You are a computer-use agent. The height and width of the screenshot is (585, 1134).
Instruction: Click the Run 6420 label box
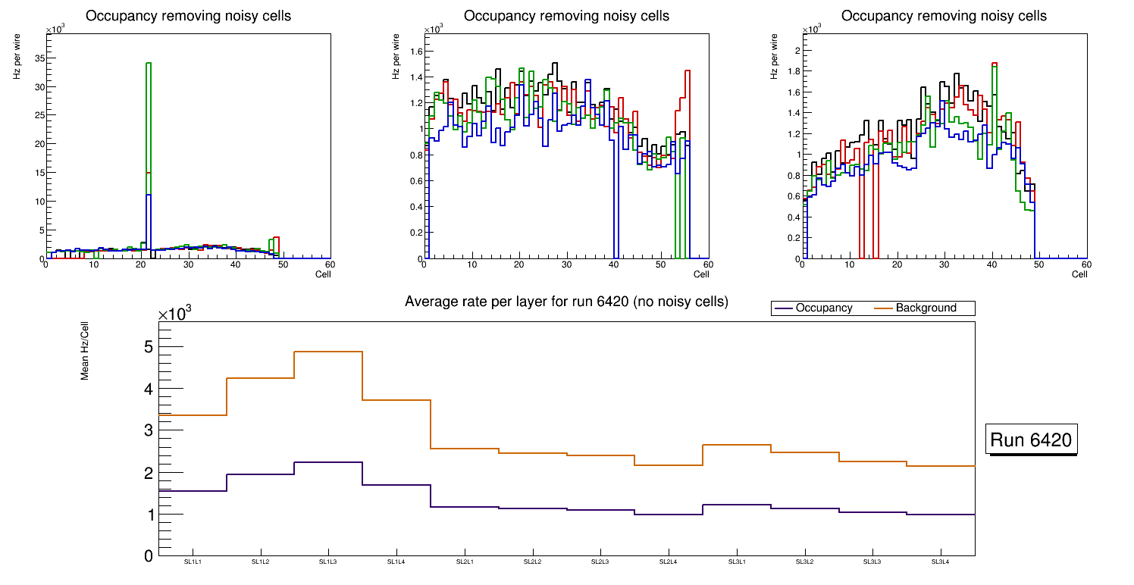click(x=1032, y=440)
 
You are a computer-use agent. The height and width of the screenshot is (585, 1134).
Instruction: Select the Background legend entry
click(x=926, y=308)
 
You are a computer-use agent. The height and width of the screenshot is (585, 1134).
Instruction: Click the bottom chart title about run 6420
click(x=566, y=302)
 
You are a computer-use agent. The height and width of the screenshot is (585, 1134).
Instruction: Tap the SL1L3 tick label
click(x=328, y=562)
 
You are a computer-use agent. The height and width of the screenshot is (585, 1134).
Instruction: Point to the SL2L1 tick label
click(x=465, y=562)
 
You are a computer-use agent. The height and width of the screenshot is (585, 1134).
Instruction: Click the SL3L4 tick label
click(x=941, y=562)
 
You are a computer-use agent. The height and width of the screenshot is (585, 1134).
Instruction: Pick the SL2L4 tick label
click(x=669, y=562)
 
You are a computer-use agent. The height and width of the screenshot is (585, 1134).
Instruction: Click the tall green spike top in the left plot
click(x=149, y=64)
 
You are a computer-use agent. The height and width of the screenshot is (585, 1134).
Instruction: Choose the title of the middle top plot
click(x=566, y=16)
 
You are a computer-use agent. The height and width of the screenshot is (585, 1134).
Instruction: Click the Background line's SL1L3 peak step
click(x=328, y=352)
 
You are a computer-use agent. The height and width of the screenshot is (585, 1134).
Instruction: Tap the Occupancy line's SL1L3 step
click(x=328, y=462)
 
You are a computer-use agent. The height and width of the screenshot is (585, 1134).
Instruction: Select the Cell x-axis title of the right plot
click(x=1079, y=274)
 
